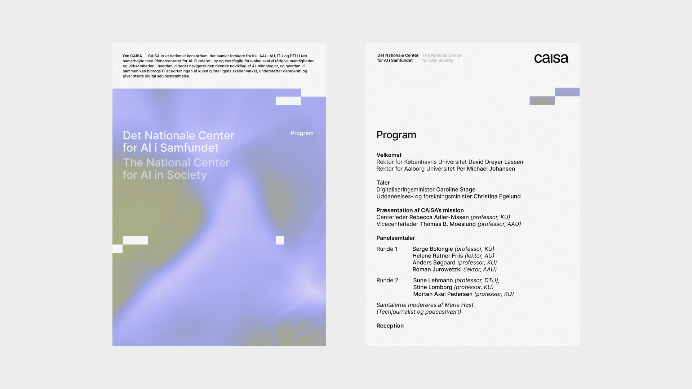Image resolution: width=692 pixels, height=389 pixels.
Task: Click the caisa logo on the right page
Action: coord(551,58)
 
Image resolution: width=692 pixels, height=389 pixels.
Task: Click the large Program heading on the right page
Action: coord(396,135)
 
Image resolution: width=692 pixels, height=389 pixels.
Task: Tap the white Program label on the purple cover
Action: coord(302,133)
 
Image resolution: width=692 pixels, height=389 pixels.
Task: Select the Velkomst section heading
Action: coord(389,155)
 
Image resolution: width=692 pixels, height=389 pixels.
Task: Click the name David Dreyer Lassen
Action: coord(496,162)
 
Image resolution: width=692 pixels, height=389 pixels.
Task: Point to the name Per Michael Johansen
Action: coord(485,169)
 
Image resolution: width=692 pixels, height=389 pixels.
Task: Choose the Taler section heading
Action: coord(383,183)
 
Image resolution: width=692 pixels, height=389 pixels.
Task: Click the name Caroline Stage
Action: coord(456,189)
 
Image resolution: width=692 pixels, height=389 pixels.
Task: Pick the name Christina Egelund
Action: coord(497,196)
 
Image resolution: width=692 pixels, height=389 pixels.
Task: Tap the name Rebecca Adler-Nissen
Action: coord(439,217)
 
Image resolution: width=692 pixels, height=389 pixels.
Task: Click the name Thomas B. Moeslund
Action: coord(448,224)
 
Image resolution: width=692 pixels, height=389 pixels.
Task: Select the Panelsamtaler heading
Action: coord(395,238)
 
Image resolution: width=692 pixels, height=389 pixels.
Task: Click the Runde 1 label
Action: coord(387,249)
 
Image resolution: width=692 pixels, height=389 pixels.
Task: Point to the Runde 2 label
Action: coord(387,280)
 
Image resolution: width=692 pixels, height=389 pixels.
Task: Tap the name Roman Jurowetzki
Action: coord(437,269)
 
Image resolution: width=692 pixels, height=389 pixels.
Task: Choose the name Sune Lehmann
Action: coord(433,280)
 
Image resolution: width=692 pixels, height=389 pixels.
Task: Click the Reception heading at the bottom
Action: coord(390,326)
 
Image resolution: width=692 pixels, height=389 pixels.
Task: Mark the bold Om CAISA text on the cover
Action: coord(132,56)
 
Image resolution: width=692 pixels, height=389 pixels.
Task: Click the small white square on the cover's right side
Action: coord(280,240)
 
